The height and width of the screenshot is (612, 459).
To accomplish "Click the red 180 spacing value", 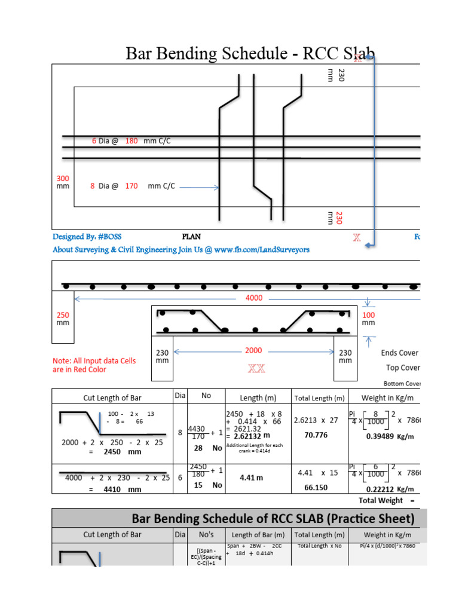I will coord(131,141).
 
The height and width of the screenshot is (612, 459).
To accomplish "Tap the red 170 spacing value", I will coord(131,186).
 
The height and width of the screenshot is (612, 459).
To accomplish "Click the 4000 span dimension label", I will coord(254,298).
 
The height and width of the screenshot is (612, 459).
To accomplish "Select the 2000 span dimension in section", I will coord(254,351).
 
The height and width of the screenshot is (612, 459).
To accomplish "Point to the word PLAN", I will coord(191,237).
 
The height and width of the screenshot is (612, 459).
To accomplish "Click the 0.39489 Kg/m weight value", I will coord(383,436).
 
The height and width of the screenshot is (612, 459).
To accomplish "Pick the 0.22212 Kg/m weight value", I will coord(383,488).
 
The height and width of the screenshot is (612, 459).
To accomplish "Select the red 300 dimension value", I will coord(63,179).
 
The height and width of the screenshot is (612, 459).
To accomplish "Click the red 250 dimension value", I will coord(63,315).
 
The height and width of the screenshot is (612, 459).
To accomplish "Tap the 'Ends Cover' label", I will coord(400,353).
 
